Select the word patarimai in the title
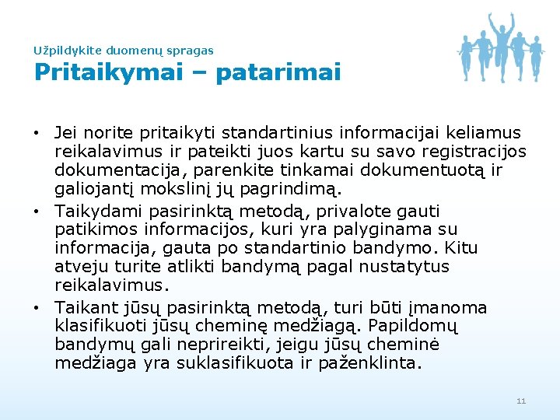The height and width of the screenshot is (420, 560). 278,73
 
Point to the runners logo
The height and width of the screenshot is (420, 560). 500,46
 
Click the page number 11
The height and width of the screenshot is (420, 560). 521,401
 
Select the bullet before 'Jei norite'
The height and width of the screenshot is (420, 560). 38,133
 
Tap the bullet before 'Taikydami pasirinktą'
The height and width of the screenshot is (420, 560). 38,212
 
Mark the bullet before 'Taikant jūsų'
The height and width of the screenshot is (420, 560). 38,307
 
